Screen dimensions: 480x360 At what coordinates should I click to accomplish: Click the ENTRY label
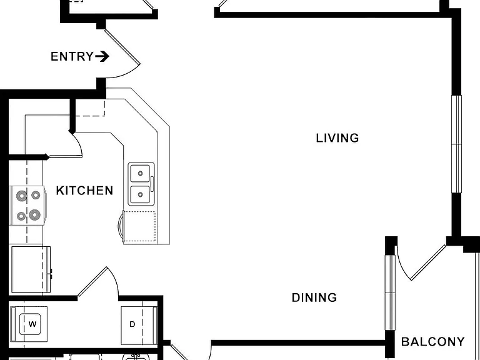pyautogui.click(x=72, y=57)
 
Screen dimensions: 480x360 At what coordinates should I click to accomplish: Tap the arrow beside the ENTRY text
pyautogui.click(x=102, y=57)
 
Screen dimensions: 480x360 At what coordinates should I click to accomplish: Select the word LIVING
pyautogui.click(x=337, y=138)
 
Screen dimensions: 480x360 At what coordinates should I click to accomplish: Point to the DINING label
pyautogui.click(x=314, y=297)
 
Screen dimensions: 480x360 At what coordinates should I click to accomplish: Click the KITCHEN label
pyautogui.click(x=84, y=191)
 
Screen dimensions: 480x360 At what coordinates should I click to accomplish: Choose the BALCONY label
pyautogui.click(x=433, y=342)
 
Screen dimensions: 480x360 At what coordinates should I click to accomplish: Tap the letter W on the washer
pyautogui.click(x=32, y=324)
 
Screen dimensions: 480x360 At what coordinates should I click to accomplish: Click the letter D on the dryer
pyautogui.click(x=132, y=324)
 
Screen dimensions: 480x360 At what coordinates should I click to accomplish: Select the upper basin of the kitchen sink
pyautogui.click(x=141, y=173)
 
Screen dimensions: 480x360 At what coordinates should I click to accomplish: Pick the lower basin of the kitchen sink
pyautogui.click(x=141, y=195)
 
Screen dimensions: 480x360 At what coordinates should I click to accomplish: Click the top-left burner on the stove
pyautogui.click(x=22, y=195)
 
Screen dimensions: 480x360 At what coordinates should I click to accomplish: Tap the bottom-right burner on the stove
pyautogui.click(x=35, y=215)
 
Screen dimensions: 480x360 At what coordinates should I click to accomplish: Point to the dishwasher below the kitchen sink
pyautogui.click(x=139, y=227)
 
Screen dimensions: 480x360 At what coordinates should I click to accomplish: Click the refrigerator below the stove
pyautogui.click(x=31, y=269)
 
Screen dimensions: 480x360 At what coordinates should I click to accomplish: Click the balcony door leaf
pyautogui.click(x=428, y=262)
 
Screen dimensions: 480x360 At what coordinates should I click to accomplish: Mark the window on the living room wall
pyautogui.click(x=456, y=144)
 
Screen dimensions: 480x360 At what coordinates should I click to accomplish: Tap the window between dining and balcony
pyautogui.click(x=390, y=292)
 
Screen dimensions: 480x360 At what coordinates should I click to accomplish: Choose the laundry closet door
pyautogui.click(x=92, y=282)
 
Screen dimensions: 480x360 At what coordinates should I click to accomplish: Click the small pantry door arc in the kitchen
pyautogui.click(x=78, y=143)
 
